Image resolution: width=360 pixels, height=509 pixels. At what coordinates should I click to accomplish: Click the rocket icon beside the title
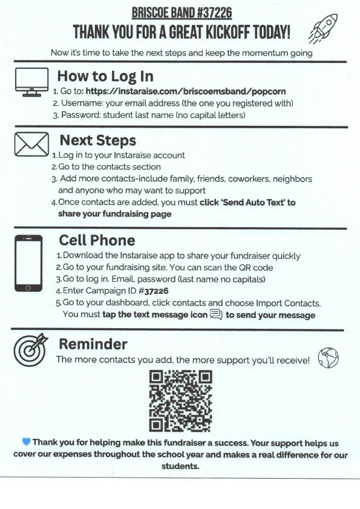(322, 29)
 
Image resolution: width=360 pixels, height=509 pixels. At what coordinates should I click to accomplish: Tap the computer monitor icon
(31, 82)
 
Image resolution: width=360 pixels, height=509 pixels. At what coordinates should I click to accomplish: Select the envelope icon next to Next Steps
(31, 144)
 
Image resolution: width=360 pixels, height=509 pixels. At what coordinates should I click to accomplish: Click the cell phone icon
(28, 263)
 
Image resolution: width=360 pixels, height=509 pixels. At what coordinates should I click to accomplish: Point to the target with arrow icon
(30, 349)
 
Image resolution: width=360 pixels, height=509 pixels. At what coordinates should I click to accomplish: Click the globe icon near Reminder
(328, 358)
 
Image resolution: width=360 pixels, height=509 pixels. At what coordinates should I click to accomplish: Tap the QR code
(181, 401)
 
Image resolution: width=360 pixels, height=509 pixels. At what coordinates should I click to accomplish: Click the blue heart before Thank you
(26, 441)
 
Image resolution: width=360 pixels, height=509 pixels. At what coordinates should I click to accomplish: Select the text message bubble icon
(216, 314)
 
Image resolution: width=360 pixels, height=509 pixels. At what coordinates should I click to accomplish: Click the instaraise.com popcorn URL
(186, 91)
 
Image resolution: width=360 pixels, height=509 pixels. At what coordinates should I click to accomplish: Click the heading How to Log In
(105, 77)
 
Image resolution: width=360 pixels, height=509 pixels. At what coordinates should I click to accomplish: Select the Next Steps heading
(98, 141)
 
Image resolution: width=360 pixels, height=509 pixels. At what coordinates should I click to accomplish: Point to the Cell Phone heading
(97, 241)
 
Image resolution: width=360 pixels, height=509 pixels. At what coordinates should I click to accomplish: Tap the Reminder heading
(93, 344)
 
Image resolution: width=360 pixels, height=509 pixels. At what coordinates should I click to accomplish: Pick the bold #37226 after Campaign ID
(153, 291)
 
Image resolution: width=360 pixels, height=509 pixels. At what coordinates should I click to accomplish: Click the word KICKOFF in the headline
(227, 32)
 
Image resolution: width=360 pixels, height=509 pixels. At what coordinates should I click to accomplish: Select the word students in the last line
(180, 466)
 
